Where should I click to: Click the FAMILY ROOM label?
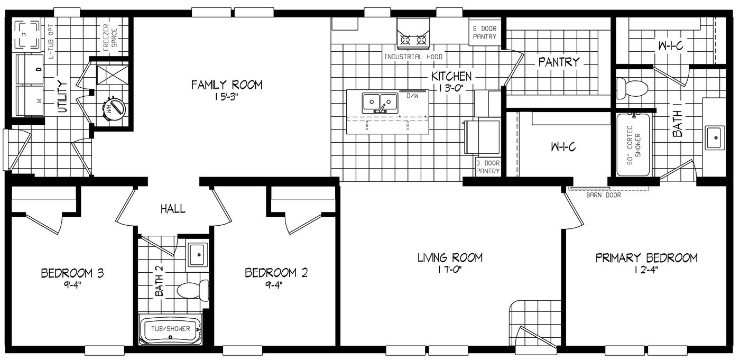coord(226,85)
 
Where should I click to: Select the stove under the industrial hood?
coord(413,39)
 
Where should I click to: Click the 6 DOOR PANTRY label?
coord(484,32)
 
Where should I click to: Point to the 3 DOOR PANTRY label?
coord(487,167)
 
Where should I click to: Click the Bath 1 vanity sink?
coord(715,138)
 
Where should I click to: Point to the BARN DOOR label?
coord(603,195)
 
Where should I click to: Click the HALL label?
coord(173,209)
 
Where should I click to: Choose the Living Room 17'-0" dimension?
coord(450,270)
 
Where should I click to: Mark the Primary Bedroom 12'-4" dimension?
coord(646,270)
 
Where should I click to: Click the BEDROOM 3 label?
coord(72,273)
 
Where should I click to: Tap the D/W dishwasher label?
coord(412,96)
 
